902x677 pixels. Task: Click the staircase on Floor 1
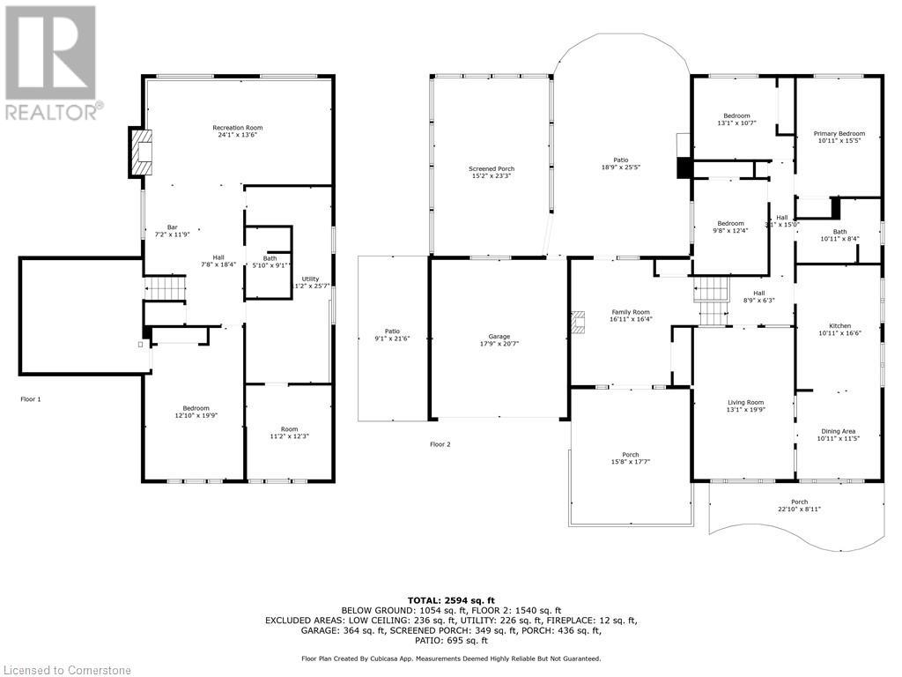pyautogui.click(x=166, y=287)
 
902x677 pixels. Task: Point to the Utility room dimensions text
pyautogui.click(x=310, y=286)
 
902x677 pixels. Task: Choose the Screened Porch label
pyautogui.click(x=491, y=168)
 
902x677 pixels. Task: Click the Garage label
pyautogui.click(x=499, y=336)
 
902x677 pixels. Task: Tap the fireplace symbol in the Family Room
pyautogui.click(x=579, y=323)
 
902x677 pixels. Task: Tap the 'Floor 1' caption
pyautogui.click(x=31, y=399)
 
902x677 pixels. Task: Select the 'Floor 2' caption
pyautogui.click(x=440, y=444)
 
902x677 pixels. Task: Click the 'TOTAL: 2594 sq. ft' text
pyautogui.click(x=451, y=600)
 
